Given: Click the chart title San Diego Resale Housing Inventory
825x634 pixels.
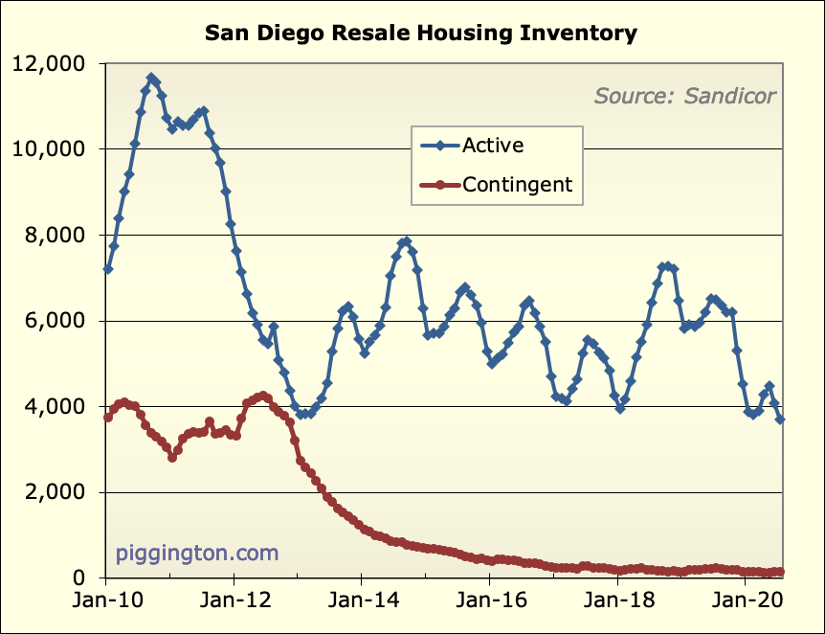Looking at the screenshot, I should point(421,34).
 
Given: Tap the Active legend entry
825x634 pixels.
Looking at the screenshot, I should point(492,146).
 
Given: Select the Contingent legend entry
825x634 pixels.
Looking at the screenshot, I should point(516,185).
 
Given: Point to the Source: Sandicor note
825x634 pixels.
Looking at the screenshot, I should point(684,95).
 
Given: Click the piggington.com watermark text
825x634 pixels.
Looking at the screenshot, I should point(197,553).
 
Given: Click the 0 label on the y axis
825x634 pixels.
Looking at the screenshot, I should point(84,578).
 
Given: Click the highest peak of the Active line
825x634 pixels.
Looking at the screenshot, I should point(151,78).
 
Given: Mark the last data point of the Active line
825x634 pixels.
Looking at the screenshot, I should point(781,419).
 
